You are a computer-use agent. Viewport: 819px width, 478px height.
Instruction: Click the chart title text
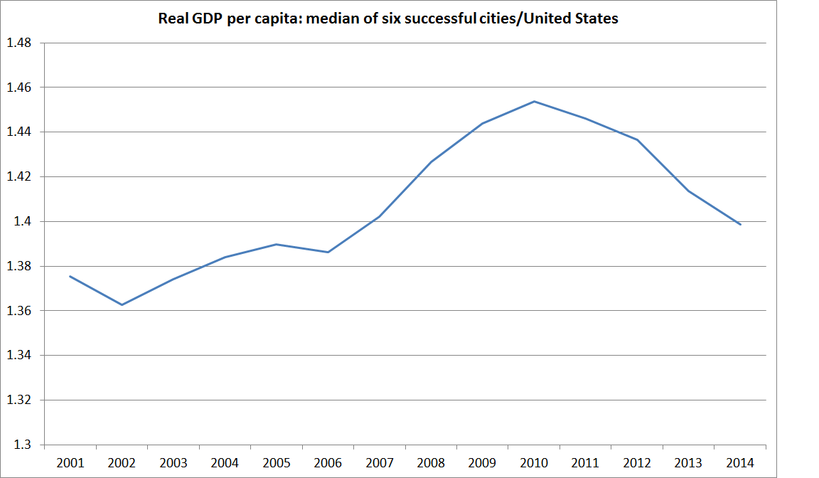point(388,19)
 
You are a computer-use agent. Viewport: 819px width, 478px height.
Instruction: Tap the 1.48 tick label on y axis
point(18,43)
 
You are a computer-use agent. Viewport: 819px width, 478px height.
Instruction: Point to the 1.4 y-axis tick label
point(23,221)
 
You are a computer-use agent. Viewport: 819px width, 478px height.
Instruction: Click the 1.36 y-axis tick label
point(18,311)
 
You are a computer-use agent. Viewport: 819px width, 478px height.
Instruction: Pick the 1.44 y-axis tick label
point(18,132)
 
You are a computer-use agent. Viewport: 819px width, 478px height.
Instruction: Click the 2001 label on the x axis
point(70,462)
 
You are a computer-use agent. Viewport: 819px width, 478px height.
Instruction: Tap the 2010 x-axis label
point(534,462)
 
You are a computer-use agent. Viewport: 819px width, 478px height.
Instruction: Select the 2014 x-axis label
point(740,462)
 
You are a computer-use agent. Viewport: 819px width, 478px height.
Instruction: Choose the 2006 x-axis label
point(328,462)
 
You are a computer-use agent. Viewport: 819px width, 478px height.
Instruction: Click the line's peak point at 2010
point(534,101)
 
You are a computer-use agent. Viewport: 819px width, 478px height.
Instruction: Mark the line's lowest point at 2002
point(122,305)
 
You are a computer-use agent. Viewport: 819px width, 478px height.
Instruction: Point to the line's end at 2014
point(741,225)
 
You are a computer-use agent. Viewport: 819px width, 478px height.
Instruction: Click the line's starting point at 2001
point(70,276)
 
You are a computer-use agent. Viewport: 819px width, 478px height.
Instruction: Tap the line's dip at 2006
point(328,252)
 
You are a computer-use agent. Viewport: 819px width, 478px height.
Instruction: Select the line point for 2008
point(431,161)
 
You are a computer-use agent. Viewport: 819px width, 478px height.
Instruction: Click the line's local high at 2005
point(276,244)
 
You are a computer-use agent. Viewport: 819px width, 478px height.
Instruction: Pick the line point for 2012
point(637,139)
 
